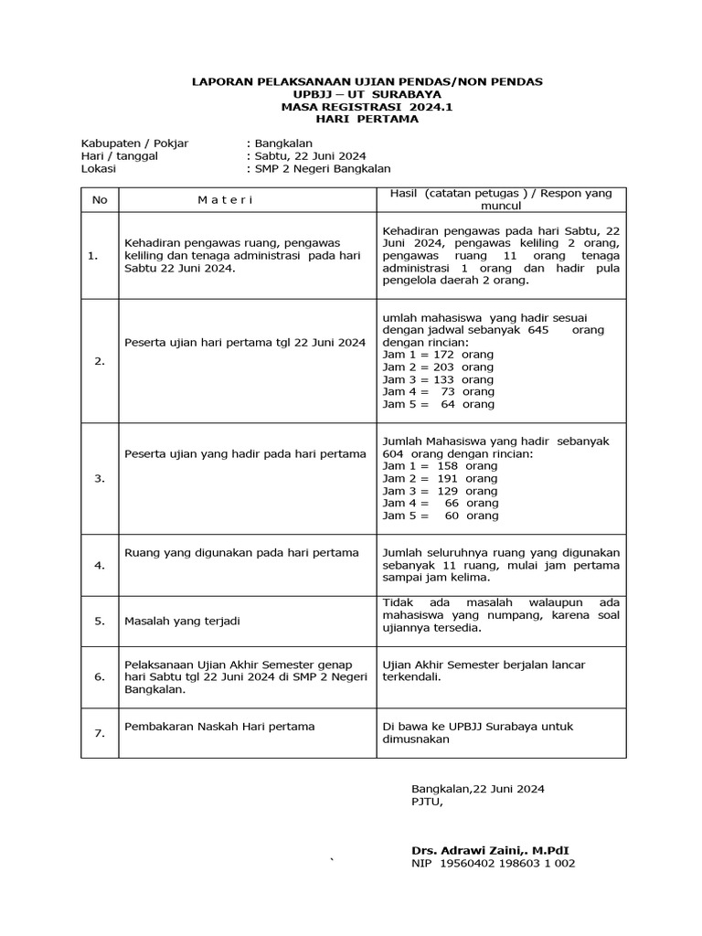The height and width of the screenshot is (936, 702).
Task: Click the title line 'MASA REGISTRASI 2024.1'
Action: click(x=367, y=107)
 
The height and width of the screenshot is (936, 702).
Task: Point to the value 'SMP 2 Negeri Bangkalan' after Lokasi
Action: click(x=323, y=168)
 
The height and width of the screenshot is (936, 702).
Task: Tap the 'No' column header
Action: click(x=100, y=199)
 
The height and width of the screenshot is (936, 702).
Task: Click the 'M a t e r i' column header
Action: click(x=225, y=199)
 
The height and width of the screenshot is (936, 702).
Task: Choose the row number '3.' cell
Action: click(x=100, y=478)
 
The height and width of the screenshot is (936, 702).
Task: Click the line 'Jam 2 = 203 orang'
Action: click(x=438, y=367)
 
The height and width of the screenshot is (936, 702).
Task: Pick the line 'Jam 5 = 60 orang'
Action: click(x=441, y=516)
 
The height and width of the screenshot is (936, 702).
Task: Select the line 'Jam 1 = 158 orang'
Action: click(x=440, y=466)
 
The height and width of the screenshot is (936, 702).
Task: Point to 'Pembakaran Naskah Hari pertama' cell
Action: click(x=219, y=726)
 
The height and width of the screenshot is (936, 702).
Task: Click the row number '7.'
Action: click(x=100, y=733)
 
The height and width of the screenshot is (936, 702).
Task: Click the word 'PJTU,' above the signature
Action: click(x=427, y=802)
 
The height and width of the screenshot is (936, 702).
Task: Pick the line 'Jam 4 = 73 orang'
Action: click(x=438, y=391)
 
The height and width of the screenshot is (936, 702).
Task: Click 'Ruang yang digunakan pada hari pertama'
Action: click(x=241, y=552)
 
